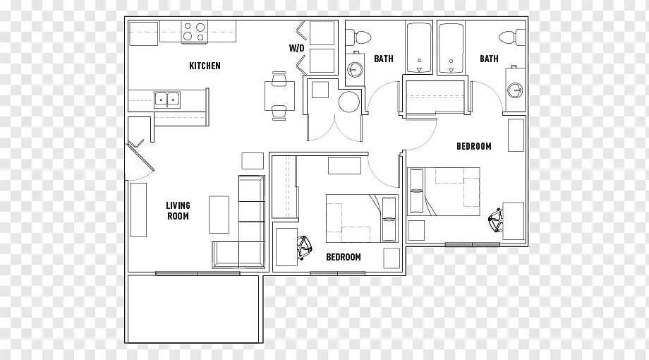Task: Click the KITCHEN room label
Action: coord(205,66)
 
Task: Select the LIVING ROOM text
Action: coord(178,210)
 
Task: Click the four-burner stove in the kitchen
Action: coord(194,31)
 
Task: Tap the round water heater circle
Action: coord(349,102)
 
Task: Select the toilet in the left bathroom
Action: coord(359,36)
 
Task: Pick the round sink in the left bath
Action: coord(353,69)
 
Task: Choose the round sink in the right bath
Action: coord(516,90)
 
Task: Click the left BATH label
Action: coord(383,59)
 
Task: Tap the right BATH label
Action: coord(489,59)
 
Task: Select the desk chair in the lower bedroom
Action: coord(305,248)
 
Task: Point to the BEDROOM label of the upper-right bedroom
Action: coord(473,146)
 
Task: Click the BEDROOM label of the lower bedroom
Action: coord(343,257)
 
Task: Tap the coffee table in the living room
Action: coord(219,214)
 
